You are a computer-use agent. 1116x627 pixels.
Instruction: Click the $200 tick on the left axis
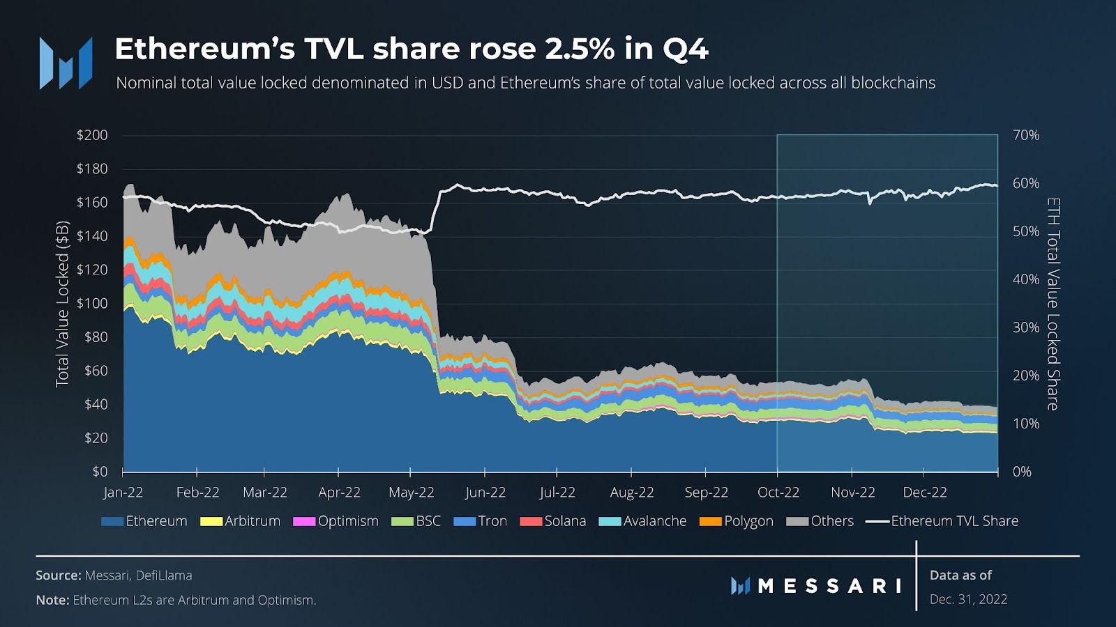[x=92, y=135]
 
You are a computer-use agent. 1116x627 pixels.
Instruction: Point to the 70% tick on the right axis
[x=1025, y=135]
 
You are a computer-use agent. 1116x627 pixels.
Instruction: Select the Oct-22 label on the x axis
[x=778, y=492]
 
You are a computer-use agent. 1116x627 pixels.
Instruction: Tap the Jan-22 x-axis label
[x=123, y=492]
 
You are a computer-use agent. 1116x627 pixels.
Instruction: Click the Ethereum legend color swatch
[x=112, y=521]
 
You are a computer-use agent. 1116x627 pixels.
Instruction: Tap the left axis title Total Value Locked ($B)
[x=63, y=303]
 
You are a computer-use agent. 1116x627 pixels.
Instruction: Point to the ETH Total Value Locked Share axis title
[x=1053, y=303]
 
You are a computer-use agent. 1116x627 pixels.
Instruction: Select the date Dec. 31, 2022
[x=968, y=599]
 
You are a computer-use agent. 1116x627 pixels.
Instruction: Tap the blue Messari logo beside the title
[x=66, y=63]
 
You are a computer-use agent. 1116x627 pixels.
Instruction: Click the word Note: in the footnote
[x=52, y=600]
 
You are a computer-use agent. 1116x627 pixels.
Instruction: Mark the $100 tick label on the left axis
[x=92, y=303]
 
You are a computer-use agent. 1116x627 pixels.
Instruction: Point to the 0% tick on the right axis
[x=1022, y=472]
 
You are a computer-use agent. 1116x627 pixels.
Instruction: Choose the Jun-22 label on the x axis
[x=485, y=492]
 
